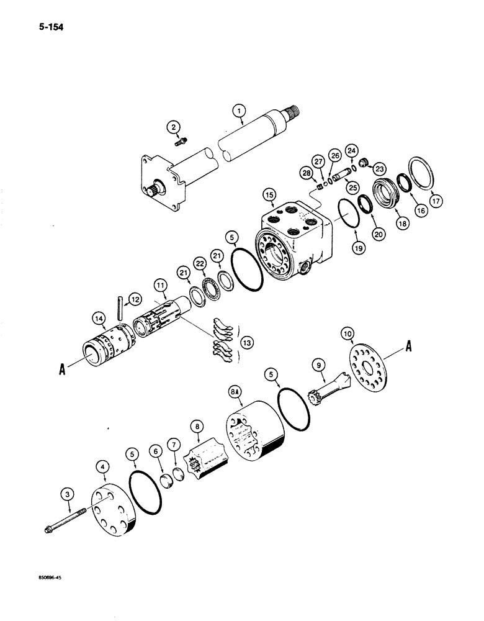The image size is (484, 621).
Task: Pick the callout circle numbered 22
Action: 200,262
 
